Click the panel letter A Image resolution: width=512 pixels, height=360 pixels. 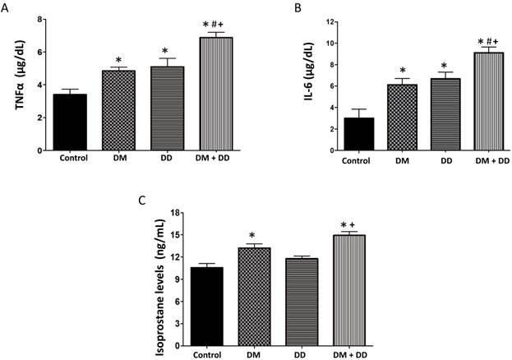click(x=7, y=9)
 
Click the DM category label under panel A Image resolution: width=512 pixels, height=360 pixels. click(x=119, y=159)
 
